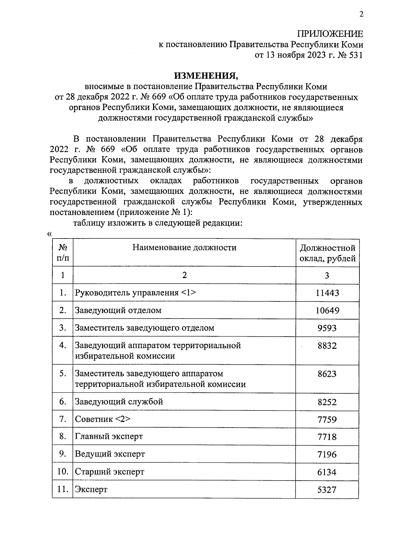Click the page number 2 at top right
pyautogui.click(x=361, y=14)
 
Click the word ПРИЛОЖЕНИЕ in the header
pyautogui.click(x=330, y=34)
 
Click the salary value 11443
pyautogui.click(x=327, y=293)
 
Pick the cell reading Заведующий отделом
pyautogui.click(x=118, y=310)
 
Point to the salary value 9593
pyautogui.click(x=327, y=328)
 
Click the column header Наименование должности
pyautogui.click(x=184, y=247)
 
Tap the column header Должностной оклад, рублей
pyautogui.click(x=327, y=253)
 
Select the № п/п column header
pyautogui.click(x=63, y=253)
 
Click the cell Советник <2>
pyautogui.click(x=103, y=419)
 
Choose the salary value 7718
pyautogui.click(x=327, y=437)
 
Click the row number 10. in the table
pyautogui.click(x=63, y=472)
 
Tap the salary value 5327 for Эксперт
pyautogui.click(x=327, y=489)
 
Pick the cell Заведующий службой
pyautogui.click(x=119, y=402)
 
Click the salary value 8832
pyautogui.click(x=327, y=346)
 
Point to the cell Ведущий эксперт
pyautogui.click(x=110, y=454)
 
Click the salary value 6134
pyautogui.click(x=327, y=472)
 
